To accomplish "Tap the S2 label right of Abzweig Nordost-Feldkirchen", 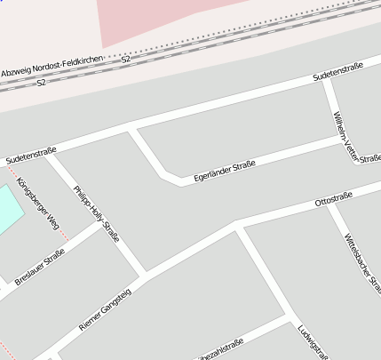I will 126,59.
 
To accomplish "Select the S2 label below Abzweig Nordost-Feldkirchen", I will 42,83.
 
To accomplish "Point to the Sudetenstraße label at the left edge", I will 31,156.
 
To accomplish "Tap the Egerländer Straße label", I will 218,172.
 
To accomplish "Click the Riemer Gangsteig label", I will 105,310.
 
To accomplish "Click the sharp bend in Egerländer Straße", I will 165,174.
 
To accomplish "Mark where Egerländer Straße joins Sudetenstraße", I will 132,132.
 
